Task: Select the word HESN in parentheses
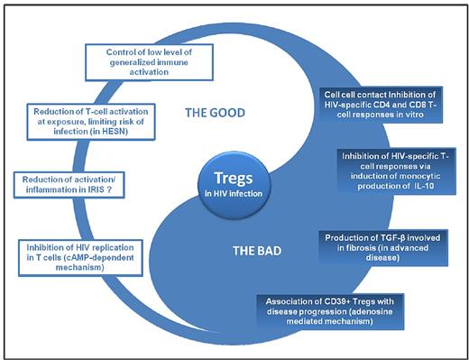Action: [x=113, y=136]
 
